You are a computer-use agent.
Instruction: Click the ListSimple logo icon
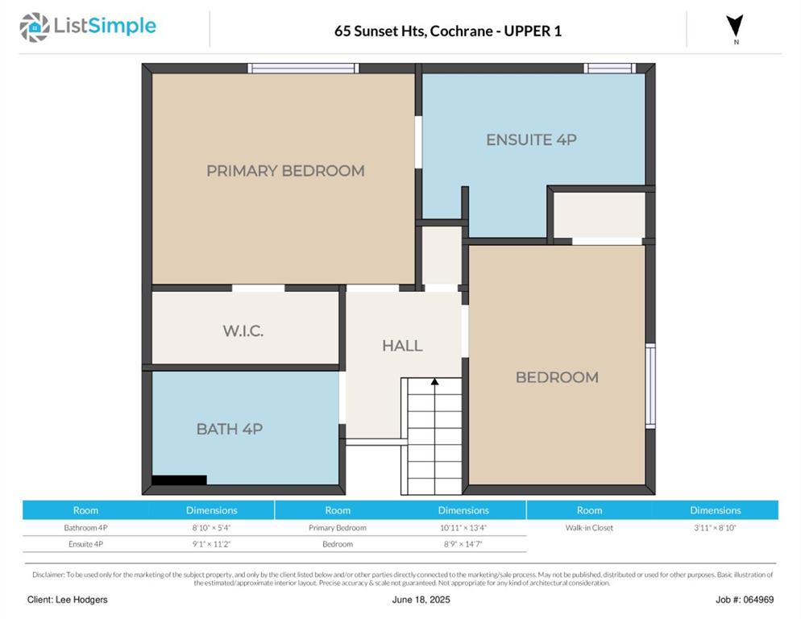click(34, 27)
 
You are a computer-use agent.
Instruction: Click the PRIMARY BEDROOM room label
click(285, 171)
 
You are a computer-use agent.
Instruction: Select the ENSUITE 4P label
click(531, 139)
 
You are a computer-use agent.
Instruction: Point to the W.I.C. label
click(243, 330)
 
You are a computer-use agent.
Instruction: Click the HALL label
click(403, 346)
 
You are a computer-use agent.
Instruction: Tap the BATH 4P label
click(230, 429)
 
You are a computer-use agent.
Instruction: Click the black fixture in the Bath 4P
click(180, 480)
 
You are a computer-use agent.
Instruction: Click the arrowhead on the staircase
click(434, 381)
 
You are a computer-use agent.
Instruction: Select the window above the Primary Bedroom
click(303, 68)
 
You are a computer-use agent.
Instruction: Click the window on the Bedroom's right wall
click(650, 386)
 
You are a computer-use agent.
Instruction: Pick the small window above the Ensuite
click(610, 68)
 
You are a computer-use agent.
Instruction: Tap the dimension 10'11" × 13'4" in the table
click(463, 527)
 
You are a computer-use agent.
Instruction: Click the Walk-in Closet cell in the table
click(589, 527)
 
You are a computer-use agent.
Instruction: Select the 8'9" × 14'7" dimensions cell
click(463, 544)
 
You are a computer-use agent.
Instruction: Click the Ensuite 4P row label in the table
click(85, 544)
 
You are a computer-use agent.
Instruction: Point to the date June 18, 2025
click(421, 600)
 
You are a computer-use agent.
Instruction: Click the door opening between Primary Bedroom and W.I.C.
click(259, 289)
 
